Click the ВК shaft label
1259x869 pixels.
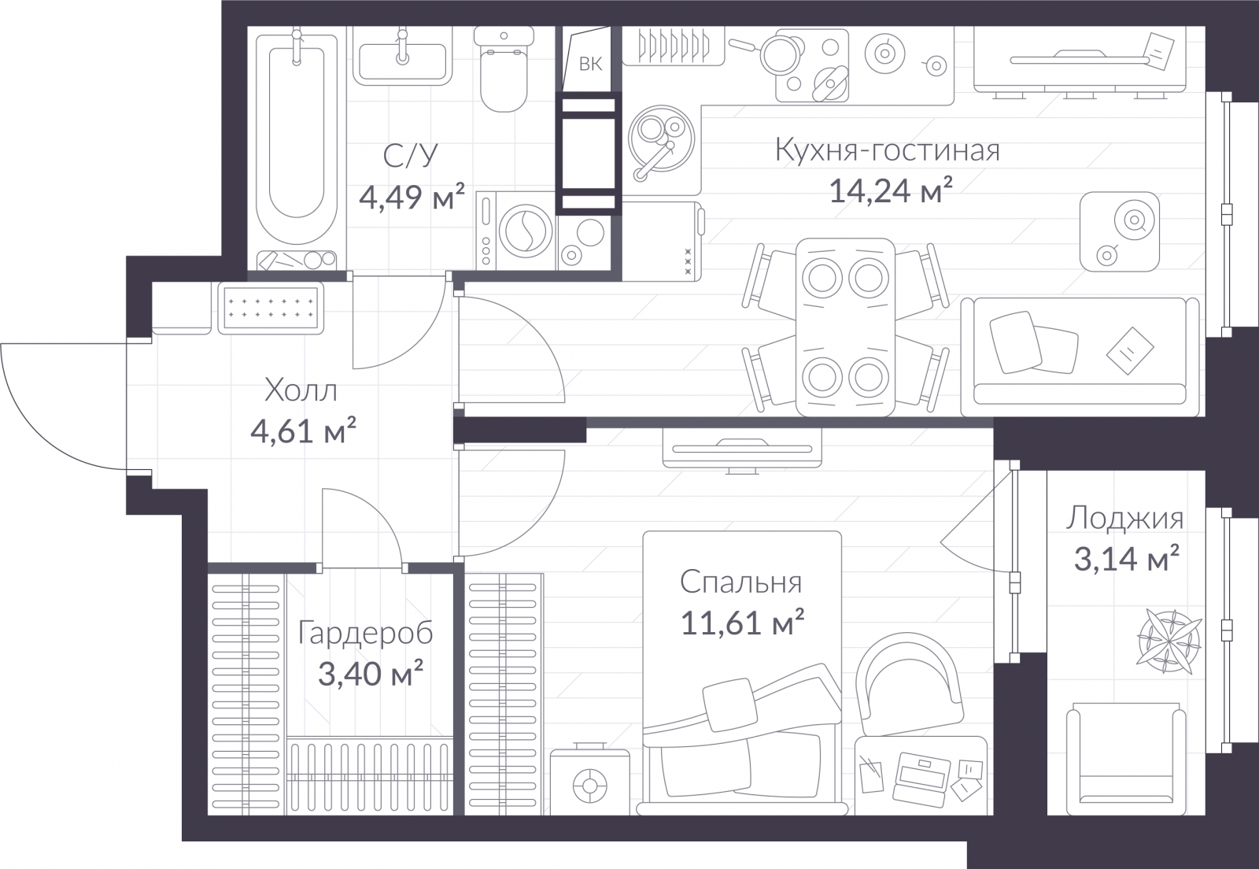[590, 64]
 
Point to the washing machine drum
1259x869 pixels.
[526, 231]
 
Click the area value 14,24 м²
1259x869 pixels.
[890, 190]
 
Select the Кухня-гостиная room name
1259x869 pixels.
[888, 151]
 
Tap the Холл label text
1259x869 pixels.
[301, 390]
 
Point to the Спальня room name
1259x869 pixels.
[740, 583]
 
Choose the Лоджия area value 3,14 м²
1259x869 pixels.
[1126, 558]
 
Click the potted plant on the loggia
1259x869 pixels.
[1169, 641]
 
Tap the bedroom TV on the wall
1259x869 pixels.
[742, 449]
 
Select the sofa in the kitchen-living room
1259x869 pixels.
[1080, 357]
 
